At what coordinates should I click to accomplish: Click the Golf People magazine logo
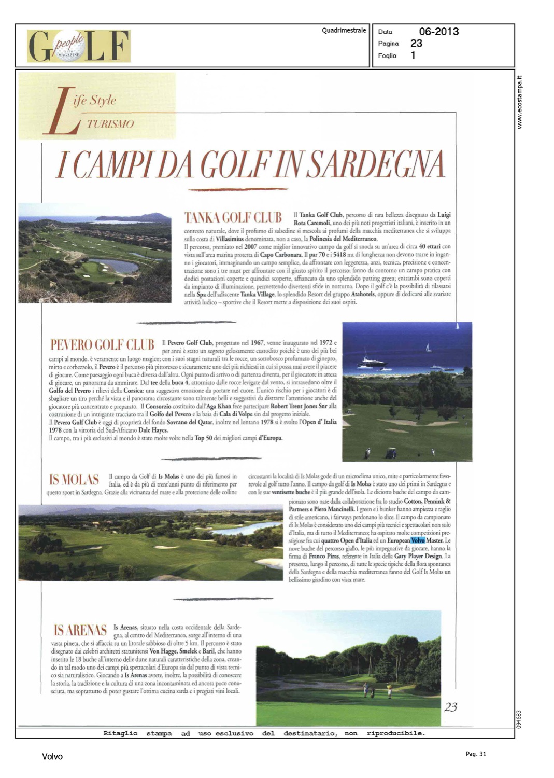[x=79, y=46]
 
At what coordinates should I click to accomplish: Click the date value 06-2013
[x=438, y=32]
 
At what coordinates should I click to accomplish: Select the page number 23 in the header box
[x=416, y=44]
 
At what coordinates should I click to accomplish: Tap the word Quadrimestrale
[x=344, y=31]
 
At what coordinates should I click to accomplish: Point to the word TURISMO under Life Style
[x=110, y=124]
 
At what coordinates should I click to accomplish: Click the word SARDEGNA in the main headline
[x=363, y=165]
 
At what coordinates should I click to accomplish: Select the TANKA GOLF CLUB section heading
[x=233, y=217]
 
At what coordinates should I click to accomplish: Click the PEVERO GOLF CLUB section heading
[x=102, y=345]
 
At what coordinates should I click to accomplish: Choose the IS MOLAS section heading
[x=74, y=479]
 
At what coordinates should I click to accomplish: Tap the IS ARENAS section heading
[x=80, y=630]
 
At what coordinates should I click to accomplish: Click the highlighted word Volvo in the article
[x=418, y=540]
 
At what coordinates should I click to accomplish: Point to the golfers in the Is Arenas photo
[x=377, y=690]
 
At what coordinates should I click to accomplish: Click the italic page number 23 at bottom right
[x=450, y=707]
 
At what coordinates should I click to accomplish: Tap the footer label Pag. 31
[x=476, y=754]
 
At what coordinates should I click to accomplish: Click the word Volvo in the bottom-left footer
[x=52, y=757]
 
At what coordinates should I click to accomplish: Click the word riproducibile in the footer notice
[x=395, y=733]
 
